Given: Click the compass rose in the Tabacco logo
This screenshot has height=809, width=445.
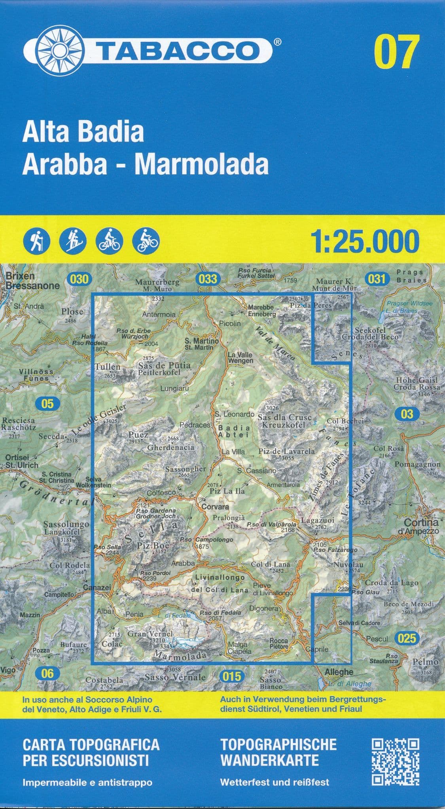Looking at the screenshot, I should tap(61, 51).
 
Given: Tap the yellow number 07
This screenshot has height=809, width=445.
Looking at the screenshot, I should tap(396, 52).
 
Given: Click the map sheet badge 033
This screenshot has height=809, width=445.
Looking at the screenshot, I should tap(208, 279).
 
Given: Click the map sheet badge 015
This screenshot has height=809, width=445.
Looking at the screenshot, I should tap(232, 676).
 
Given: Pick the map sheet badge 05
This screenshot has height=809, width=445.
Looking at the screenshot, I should tap(47, 403).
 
